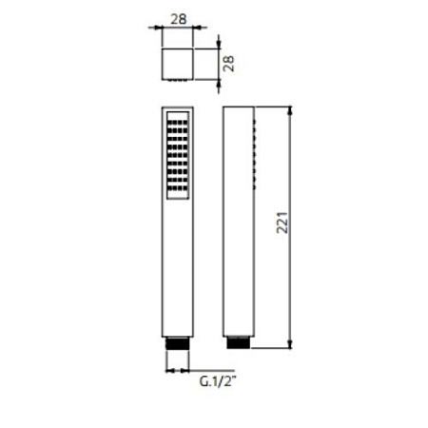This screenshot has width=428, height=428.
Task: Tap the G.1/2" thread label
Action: click(217, 381)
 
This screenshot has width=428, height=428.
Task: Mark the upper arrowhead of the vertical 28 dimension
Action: click(219, 41)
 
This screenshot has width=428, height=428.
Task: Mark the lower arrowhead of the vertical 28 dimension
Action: click(219, 83)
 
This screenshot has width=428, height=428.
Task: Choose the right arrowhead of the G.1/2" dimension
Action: click(187, 369)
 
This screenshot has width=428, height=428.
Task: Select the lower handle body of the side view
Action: click(240, 276)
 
